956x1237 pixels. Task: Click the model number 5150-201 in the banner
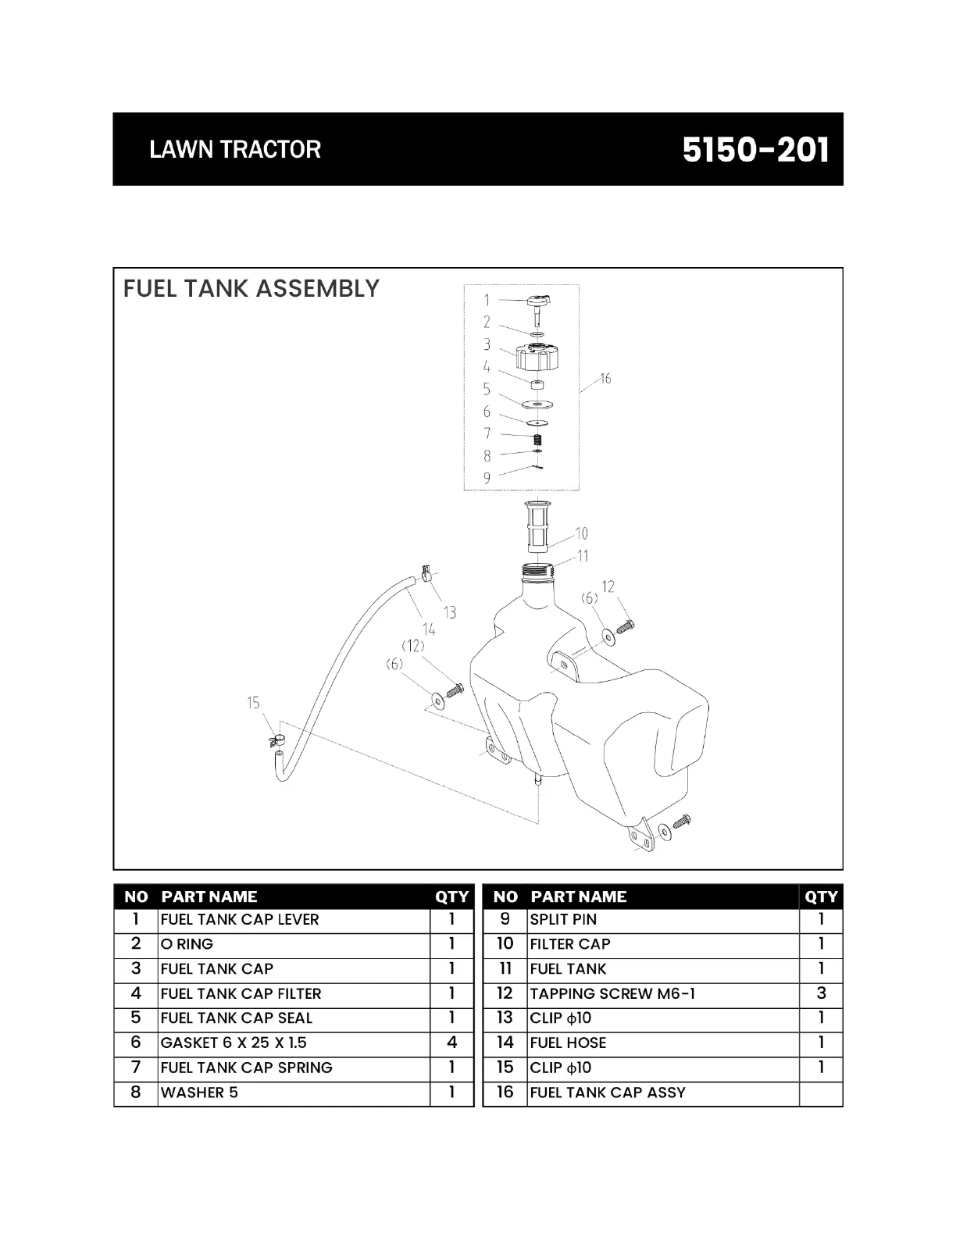(755, 149)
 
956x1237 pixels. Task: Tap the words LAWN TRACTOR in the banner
(235, 149)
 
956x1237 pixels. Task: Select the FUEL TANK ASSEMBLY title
(251, 289)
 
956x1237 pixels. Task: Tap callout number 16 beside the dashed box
(605, 379)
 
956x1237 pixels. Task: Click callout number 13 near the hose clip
(450, 612)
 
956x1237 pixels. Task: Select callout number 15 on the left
(253, 703)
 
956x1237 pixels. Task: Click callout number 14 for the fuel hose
(429, 629)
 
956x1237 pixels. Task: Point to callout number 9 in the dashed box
(487, 478)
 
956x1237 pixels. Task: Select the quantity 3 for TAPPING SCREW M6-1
(821, 993)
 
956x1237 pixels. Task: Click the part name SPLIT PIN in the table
(563, 919)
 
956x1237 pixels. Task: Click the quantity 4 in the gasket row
(451, 1043)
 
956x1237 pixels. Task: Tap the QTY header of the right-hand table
(821, 897)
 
